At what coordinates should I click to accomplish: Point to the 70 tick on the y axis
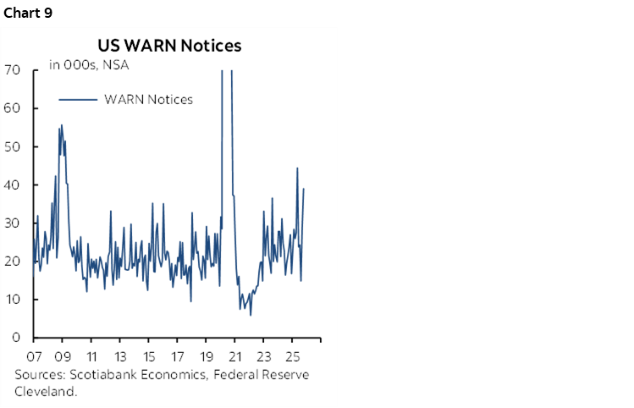tap(13, 70)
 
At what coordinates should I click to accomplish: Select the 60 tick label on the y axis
tap(13, 108)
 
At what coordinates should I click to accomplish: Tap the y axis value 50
tap(13, 146)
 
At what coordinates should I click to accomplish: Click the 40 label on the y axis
tap(13, 185)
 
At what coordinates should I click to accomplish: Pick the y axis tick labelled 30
tap(13, 223)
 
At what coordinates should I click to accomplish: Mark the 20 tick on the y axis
tap(13, 262)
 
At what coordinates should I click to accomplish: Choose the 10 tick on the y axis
tap(13, 300)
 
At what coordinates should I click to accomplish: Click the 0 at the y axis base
tap(17, 338)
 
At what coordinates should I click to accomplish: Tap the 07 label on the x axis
tap(35, 356)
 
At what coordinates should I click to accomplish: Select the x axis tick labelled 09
tap(63, 356)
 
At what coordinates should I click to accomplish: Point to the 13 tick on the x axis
tap(120, 356)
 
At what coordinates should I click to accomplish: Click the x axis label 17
tap(178, 356)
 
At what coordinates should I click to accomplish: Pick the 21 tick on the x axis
tap(235, 356)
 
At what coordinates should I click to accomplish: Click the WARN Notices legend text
tap(148, 100)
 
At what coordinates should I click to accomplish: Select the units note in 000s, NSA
tap(88, 64)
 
